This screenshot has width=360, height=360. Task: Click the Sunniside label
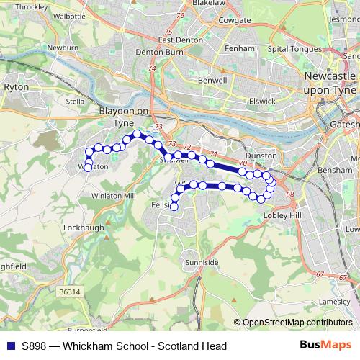tap(201, 263)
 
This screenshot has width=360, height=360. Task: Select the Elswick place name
tap(261, 102)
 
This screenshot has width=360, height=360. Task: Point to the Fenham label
tap(239, 48)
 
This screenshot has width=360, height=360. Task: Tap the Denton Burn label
tap(160, 53)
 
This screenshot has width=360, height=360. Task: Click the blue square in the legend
tap(11, 346)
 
